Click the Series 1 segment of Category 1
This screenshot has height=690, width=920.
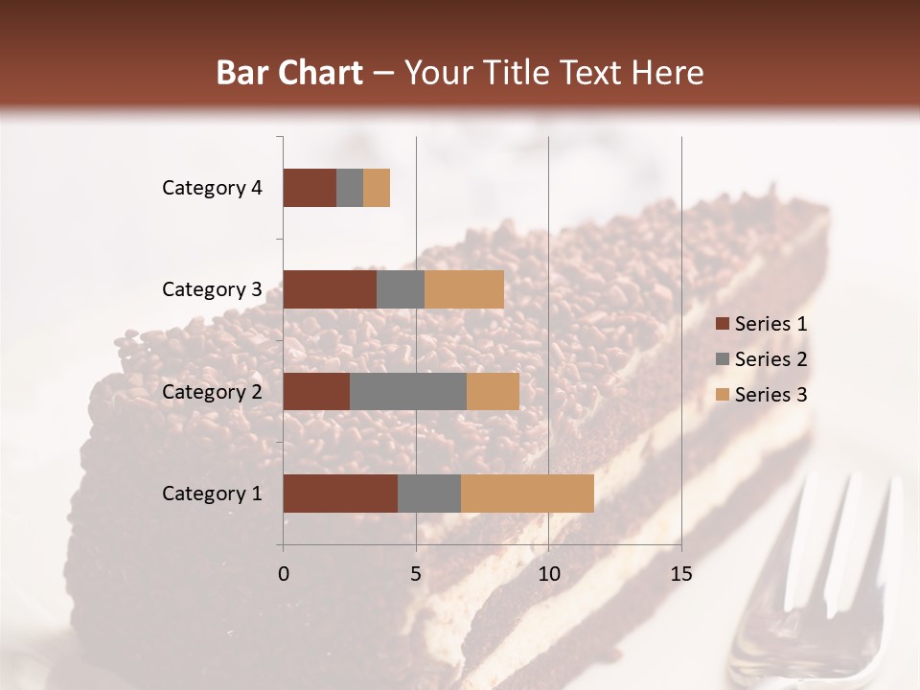340,494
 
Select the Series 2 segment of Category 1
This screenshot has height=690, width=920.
429,494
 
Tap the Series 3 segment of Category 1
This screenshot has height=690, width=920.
527,494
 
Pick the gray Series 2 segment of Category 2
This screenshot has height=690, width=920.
408,391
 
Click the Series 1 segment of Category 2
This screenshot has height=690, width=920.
316,391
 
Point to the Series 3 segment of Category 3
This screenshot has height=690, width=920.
464,289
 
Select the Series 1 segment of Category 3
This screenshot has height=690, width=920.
330,289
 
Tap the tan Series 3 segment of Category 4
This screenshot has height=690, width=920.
377,188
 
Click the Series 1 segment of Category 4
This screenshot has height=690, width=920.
310,188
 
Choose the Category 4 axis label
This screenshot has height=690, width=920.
212,188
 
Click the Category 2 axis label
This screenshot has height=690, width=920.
212,391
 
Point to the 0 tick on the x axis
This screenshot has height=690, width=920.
284,574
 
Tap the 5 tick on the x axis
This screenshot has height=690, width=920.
416,574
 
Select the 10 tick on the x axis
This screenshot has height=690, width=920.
548,574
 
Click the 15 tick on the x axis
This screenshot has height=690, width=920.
680,574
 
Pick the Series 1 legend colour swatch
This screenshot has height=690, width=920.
722,324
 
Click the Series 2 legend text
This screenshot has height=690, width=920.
770,359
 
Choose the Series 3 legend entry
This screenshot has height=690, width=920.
761,395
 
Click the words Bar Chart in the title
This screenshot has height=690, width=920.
289,73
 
